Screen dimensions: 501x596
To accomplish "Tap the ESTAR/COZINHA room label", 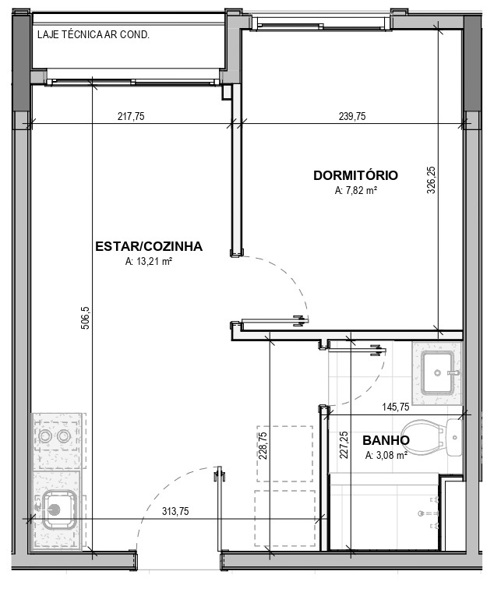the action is pyautogui.click(x=149, y=246).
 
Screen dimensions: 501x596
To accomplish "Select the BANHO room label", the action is pyautogui.click(x=386, y=440).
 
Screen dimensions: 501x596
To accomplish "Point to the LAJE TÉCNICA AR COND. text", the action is pyautogui.click(x=93, y=34).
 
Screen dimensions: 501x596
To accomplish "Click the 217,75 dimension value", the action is pyautogui.click(x=131, y=116).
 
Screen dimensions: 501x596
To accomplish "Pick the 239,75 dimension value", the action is pyautogui.click(x=352, y=116).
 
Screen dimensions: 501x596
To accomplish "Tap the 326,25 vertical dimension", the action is pyautogui.click(x=431, y=180).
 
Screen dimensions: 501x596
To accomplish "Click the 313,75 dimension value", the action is pyautogui.click(x=175, y=511).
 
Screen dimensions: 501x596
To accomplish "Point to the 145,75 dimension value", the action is pyautogui.click(x=396, y=407).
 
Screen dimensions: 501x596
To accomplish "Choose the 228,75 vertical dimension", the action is pyautogui.click(x=263, y=446).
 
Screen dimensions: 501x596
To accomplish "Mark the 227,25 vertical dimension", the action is pyautogui.click(x=344, y=445).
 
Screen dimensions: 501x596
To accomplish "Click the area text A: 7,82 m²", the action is pyautogui.click(x=356, y=190).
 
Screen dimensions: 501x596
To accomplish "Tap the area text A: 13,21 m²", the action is pyautogui.click(x=149, y=262).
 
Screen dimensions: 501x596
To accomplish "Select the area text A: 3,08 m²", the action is pyautogui.click(x=386, y=455).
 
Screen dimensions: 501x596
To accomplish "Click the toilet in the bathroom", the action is pyautogui.click(x=432, y=438).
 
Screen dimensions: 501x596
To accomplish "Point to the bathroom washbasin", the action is pyautogui.click(x=437, y=373).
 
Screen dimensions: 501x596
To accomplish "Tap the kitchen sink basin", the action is pyautogui.click(x=59, y=510).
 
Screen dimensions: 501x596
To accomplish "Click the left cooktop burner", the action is pyautogui.click(x=45, y=436).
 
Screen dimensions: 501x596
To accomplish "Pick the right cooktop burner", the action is pyautogui.click(x=64, y=436).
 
